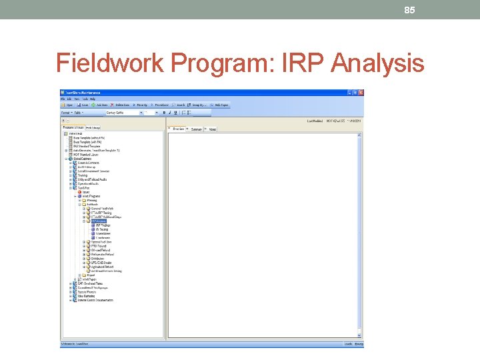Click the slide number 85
pos(410,10)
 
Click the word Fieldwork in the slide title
pos(110,64)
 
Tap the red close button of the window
pos(361,92)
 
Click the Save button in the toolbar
pos(84,105)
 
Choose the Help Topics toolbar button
pos(221,105)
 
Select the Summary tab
pos(197,129)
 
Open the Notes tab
pos(213,129)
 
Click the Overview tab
pos(179,129)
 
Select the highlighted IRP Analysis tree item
pos(99,221)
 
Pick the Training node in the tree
pos(83,175)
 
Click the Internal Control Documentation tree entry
pos(97,300)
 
